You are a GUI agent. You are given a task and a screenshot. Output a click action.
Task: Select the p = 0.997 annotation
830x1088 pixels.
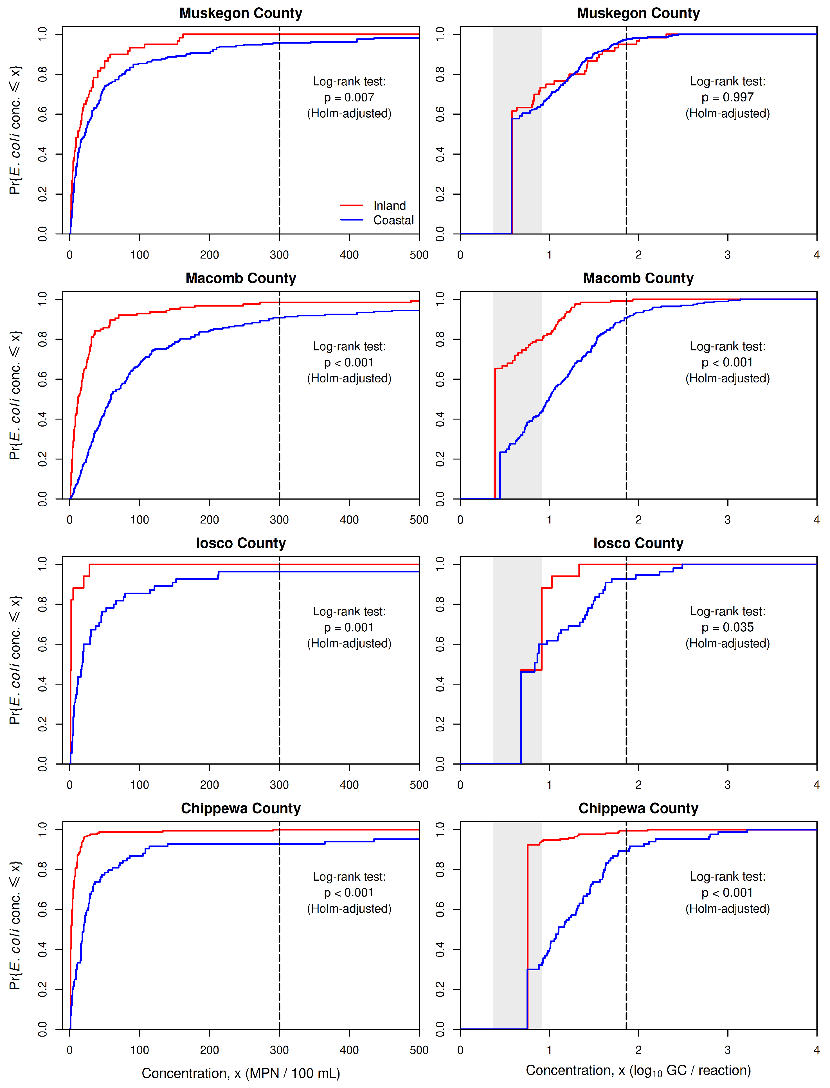tap(727, 97)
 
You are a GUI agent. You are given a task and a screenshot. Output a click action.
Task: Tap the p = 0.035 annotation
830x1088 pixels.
tap(727, 627)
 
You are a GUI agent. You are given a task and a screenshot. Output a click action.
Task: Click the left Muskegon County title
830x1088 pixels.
tap(240, 13)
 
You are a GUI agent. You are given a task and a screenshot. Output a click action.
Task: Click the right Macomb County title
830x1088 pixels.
tap(638, 278)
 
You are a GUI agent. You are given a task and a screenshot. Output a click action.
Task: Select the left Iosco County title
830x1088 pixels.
tap(240, 543)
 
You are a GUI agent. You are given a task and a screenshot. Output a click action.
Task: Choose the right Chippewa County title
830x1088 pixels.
tap(638, 809)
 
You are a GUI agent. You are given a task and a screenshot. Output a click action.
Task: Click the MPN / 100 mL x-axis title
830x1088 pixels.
tap(240, 1073)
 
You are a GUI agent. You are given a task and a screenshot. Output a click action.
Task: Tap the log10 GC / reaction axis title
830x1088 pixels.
tap(638, 1071)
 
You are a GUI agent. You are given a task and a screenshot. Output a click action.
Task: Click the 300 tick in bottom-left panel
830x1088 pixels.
tap(279, 1050)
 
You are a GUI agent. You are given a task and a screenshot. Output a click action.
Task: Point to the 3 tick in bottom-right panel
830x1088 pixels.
tap(727, 1050)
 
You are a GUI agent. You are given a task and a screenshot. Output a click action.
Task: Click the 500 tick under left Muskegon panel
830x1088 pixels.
tap(419, 255)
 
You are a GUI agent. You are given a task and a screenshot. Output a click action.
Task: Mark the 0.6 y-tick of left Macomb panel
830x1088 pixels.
tap(42, 379)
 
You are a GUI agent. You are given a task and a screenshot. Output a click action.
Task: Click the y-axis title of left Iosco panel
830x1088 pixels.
tap(15, 660)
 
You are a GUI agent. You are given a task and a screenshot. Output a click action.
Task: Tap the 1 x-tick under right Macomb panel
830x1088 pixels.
tap(549, 520)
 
